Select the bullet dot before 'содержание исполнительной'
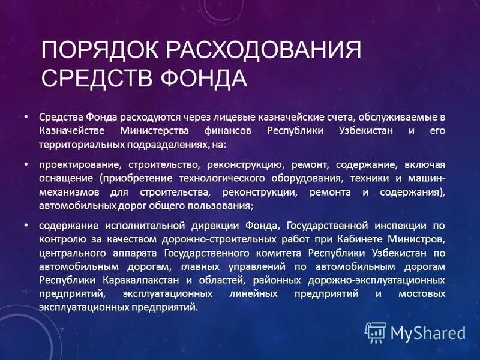[x=26, y=226]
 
